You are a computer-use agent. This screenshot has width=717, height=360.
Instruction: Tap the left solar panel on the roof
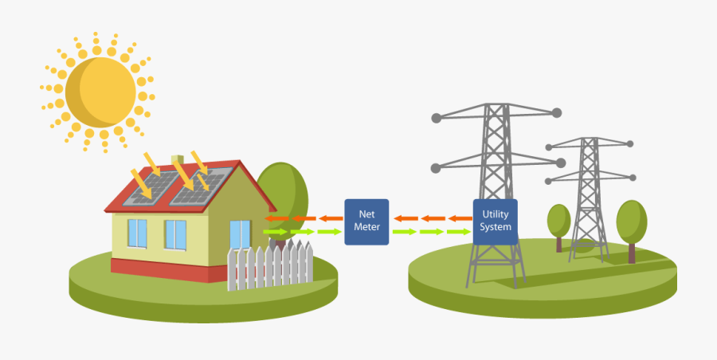point(155,186)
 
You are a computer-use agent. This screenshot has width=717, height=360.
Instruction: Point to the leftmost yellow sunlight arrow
point(144,182)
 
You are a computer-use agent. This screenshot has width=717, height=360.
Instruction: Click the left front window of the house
point(137,233)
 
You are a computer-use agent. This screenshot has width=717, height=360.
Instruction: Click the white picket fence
point(270,266)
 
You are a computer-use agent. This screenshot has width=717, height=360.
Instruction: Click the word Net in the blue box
point(366,214)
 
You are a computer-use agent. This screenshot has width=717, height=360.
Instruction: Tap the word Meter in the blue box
point(366,227)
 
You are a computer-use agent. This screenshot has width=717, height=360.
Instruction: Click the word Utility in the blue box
point(496,214)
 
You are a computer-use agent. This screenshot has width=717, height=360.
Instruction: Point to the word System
point(496,227)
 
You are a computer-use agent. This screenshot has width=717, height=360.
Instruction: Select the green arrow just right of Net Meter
point(404,232)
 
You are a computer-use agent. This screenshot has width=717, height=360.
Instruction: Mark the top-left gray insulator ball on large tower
point(436,118)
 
